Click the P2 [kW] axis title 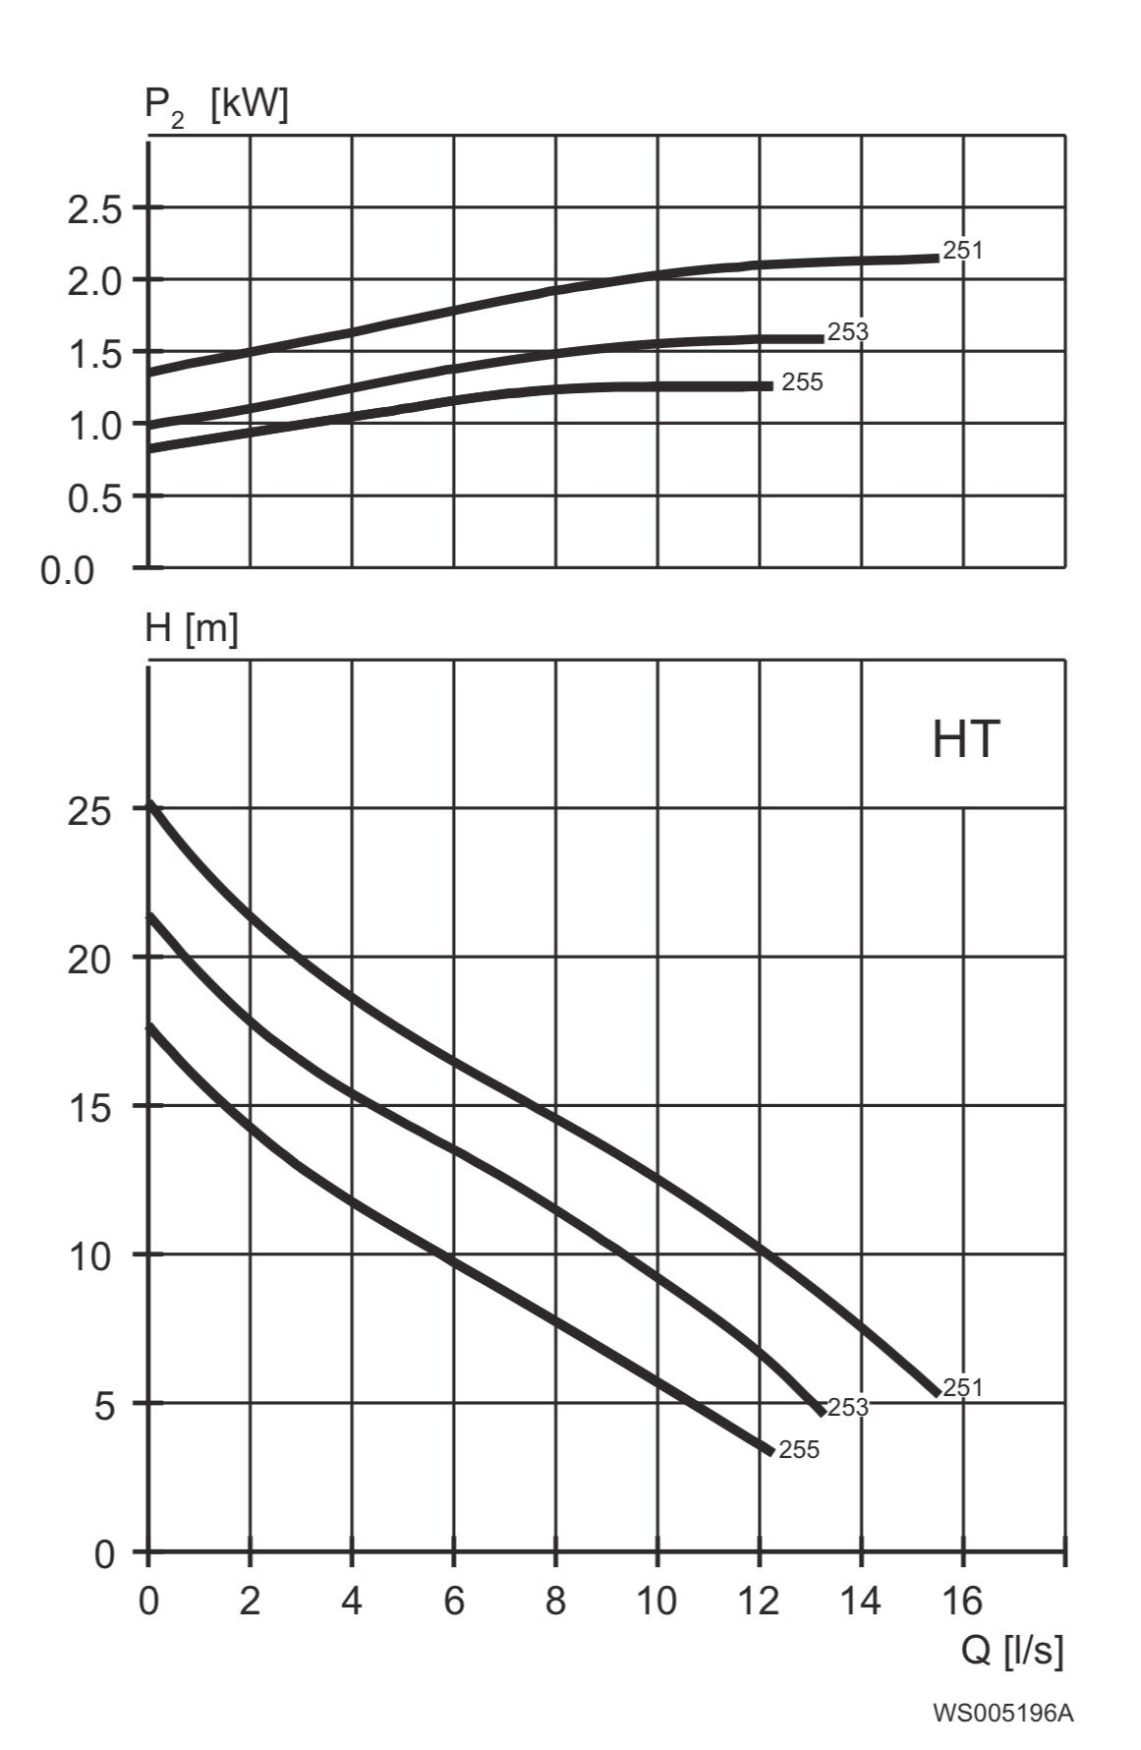pos(216,105)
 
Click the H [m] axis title pos(192,628)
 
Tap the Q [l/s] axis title pos(1011,1650)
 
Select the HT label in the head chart pos(965,739)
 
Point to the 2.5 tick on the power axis pos(93,209)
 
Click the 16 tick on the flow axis pos(962,1601)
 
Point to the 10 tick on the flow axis pos(656,1601)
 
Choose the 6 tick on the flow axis pos(453,1601)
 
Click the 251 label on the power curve pos(962,251)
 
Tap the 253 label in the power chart pos(847,332)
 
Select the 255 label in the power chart pos(802,382)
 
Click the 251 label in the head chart pos(962,1387)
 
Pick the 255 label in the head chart pos(798,1450)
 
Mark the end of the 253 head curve pos(821,1412)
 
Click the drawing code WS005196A pos(1002,1713)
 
